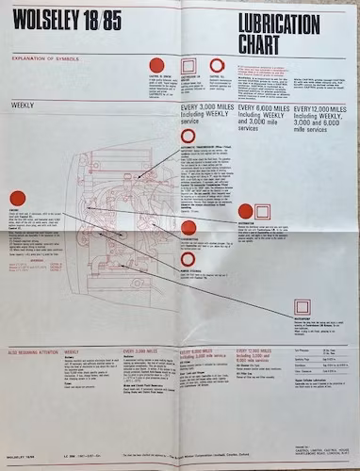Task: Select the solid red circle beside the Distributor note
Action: [x=246, y=211]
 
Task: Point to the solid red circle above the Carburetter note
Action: [x=188, y=227]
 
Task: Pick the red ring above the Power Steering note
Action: [x=188, y=259]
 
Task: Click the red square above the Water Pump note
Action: [x=303, y=307]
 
